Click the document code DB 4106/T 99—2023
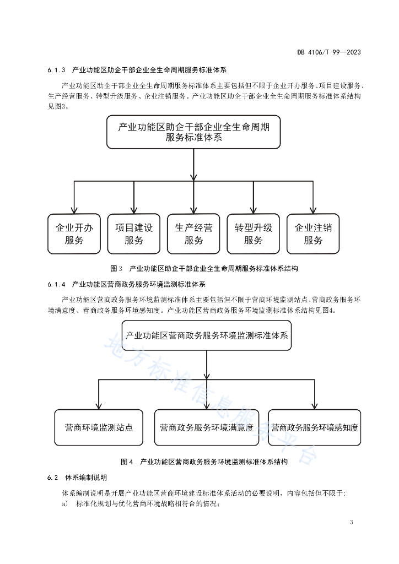[x=329, y=52]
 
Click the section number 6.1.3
[x=56, y=70]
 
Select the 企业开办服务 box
[x=74, y=234]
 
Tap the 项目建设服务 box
[x=134, y=234]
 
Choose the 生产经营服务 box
[x=193, y=234]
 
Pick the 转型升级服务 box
[x=254, y=234]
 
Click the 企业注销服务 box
[x=313, y=234]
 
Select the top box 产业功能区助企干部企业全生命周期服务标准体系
[x=193, y=132]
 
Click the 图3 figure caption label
[x=116, y=268]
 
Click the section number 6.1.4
[x=56, y=285]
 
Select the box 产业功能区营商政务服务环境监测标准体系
[x=207, y=335]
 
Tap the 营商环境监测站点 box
[x=99, y=427]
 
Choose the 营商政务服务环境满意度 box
[x=207, y=427]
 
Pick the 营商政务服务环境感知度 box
[x=315, y=427]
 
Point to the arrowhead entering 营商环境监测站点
[x=99, y=406]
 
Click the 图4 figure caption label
[x=127, y=462]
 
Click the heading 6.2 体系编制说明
[x=77, y=478]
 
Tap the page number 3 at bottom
[x=352, y=522]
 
